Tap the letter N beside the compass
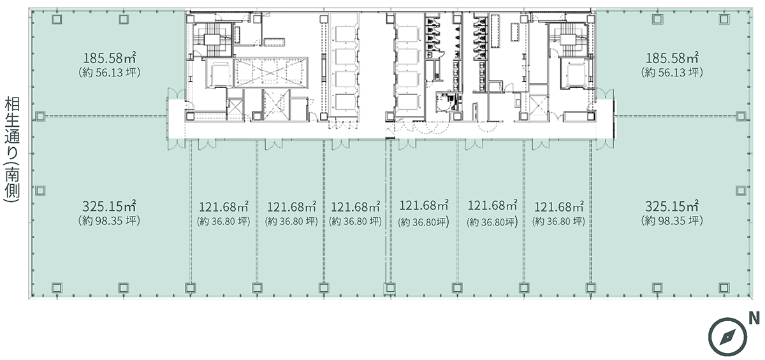tap(754, 319)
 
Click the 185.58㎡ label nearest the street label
tap(109, 58)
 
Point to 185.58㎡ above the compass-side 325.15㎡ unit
tap(672, 58)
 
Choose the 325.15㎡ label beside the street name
tap(109, 206)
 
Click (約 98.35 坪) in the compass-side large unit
tap(672, 220)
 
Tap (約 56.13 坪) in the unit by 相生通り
tap(109, 73)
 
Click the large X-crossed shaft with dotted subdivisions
tap(271, 73)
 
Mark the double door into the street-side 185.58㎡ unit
tap(176, 93)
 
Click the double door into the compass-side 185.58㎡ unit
tap(605, 94)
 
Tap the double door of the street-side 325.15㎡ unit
tap(176, 145)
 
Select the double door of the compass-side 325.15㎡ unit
tap(605, 145)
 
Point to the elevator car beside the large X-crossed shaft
tap(220, 73)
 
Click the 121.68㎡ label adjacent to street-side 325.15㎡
tap(224, 207)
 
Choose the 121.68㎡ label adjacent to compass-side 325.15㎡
tap(558, 207)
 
